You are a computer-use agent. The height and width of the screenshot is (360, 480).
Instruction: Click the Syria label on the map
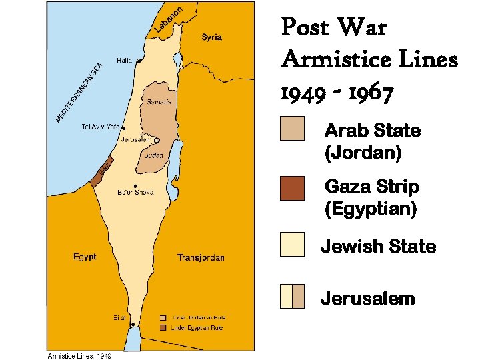point(212,37)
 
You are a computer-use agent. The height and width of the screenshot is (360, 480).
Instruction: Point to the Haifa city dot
point(139,61)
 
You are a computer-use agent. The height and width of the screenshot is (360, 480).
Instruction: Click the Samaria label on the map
point(160,102)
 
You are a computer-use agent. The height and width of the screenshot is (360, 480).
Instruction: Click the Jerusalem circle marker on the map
point(157,140)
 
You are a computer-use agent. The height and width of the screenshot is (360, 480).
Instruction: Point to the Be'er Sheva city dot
point(135,186)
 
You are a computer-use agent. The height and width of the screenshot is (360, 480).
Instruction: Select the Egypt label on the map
point(85,257)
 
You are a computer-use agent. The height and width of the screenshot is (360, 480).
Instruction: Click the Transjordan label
point(201,257)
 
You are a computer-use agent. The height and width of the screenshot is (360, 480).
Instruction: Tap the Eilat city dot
point(133,325)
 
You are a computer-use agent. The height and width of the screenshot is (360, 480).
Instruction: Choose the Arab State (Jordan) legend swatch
point(292,129)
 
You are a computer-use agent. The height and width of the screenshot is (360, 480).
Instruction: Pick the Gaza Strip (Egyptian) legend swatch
point(292,188)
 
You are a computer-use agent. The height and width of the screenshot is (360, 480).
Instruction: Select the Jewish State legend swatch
point(292,244)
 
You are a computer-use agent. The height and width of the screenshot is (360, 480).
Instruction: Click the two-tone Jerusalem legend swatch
point(292,296)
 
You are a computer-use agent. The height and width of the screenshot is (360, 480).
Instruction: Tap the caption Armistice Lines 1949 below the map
point(79,356)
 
